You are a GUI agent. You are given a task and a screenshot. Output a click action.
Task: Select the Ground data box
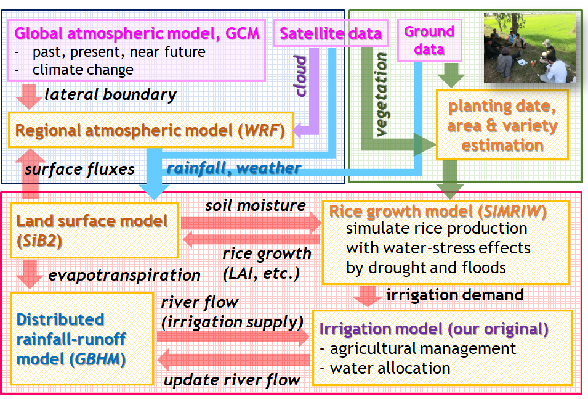[x=429, y=40]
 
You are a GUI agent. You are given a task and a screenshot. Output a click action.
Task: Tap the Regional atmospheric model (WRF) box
[x=150, y=131]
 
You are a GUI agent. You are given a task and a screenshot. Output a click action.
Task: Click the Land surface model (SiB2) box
[x=94, y=229]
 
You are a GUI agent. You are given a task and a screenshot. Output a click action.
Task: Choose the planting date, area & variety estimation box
[x=502, y=125]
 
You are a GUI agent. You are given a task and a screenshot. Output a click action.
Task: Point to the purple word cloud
[x=300, y=75]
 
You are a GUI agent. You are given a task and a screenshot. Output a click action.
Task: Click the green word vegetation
[x=382, y=94]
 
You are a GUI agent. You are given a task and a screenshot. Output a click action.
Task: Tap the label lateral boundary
[x=110, y=95]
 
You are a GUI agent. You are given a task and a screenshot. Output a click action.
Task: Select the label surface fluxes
[x=79, y=168]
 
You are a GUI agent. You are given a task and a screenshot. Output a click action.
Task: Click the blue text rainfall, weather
[x=234, y=167]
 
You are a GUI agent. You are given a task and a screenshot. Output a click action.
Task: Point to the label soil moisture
[x=255, y=205]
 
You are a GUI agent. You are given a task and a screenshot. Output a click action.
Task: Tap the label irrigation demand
[x=455, y=294]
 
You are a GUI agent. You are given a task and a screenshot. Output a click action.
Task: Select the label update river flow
[x=232, y=379]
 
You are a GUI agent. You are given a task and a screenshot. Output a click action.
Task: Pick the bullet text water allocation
[x=390, y=368]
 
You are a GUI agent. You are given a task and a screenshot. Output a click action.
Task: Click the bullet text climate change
[x=83, y=70]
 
